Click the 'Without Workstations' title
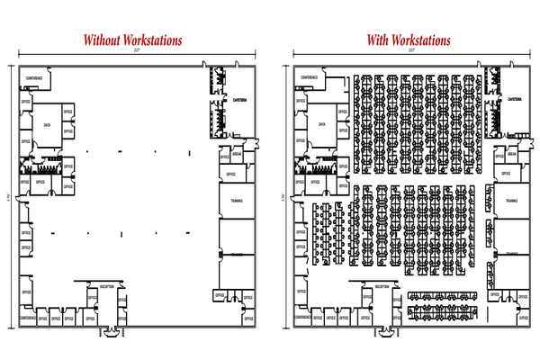pyautogui.click(x=132, y=40)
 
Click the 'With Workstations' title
pyautogui.click(x=408, y=40)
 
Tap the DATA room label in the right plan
pyautogui.click(x=322, y=126)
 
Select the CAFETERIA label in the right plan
pyautogui.click(x=515, y=99)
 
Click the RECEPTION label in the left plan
pyautogui.click(x=106, y=286)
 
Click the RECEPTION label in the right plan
pyautogui.click(x=382, y=286)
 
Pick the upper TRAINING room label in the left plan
pyautogui.click(x=236, y=201)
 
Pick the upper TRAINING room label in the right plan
pyautogui.click(x=512, y=201)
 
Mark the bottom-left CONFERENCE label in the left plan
pyautogui.click(x=30, y=318)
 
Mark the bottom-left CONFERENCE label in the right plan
pyautogui.click(x=306, y=318)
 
